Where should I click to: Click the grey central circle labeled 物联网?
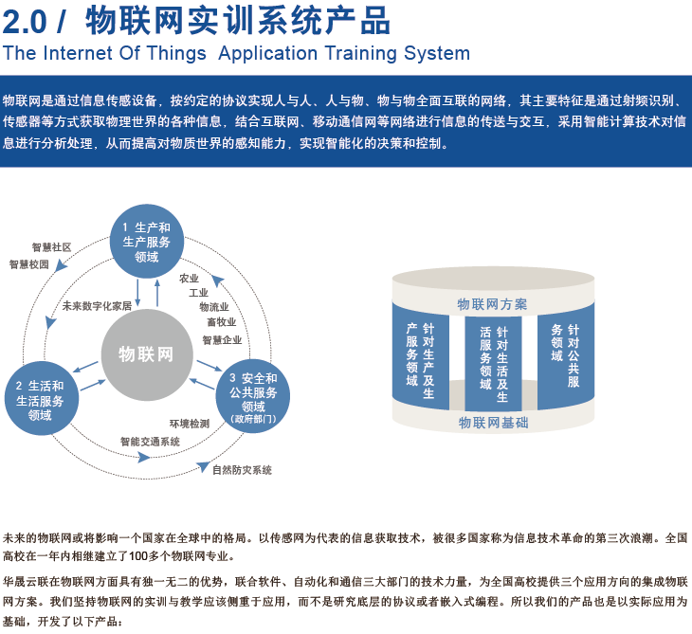click(147, 354)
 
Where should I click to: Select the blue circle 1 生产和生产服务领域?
click(147, 242)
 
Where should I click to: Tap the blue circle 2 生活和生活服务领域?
click(42, 398)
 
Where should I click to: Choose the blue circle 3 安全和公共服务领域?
click(253, 396)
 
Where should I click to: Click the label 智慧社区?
click(51, 247)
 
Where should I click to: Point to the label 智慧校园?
click(29, 264)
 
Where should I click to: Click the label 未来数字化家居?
click(97, 306)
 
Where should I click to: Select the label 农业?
click(189, 279)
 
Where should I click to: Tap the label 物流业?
click(214, 307)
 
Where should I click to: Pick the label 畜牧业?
click(222, 322)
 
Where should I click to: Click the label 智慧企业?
click(222, 340)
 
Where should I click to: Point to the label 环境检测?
click(190, 424)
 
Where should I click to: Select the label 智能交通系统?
click(150, 442)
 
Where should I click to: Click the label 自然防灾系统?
click(242, 470)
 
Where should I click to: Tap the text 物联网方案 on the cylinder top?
click(492, 304)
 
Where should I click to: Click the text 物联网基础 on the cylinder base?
click(493, 423)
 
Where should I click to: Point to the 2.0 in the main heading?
click(25, 21)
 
